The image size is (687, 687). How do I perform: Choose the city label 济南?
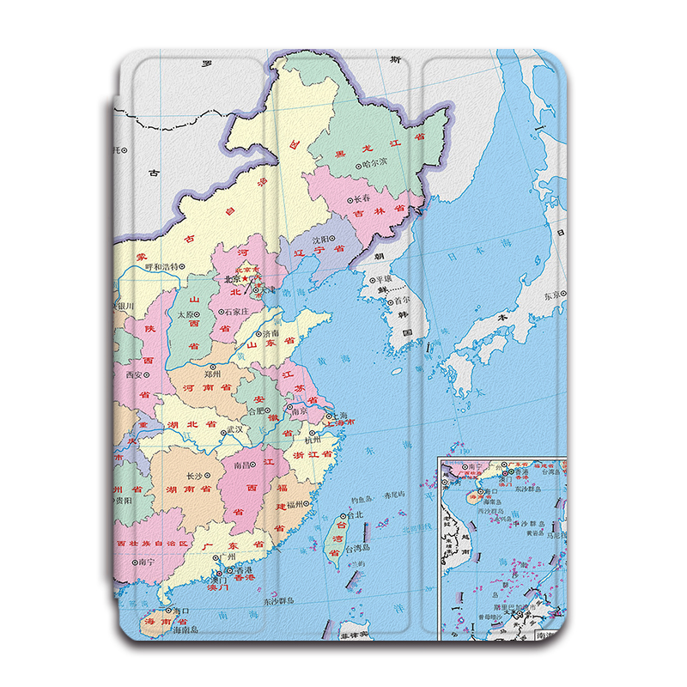point(270,332)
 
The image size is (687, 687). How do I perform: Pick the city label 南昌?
point(245,465)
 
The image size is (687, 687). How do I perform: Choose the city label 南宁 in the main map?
point(146,562)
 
